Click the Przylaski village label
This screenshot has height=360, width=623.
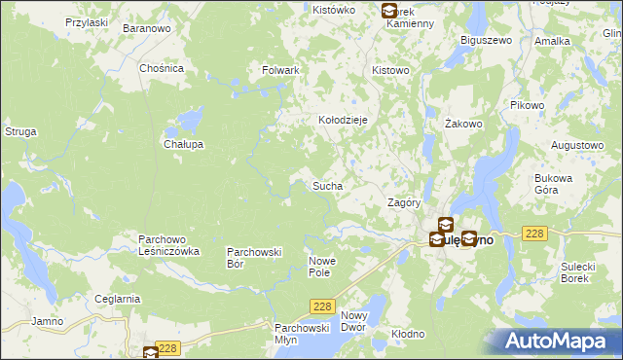(86, 22)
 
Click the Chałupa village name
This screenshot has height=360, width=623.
(182, 144)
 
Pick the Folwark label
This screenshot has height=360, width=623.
(280, 71)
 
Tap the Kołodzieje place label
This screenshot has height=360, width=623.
(343, 120)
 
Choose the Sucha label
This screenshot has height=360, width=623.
(326, 185)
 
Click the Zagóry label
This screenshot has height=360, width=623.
(403, 203)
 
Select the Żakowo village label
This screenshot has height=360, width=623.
(463, 125)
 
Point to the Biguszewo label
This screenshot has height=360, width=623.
(485, 42)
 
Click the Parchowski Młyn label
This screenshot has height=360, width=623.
(298, 334)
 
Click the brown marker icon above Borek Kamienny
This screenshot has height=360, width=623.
(389, 11)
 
